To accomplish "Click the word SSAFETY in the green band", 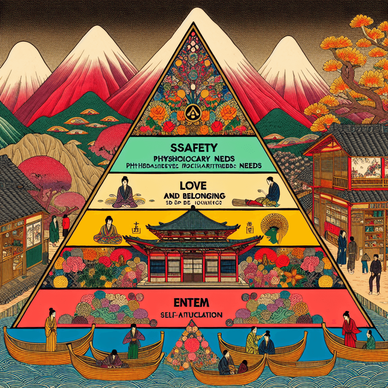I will (193, 147).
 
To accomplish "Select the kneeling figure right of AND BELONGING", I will (270, 192).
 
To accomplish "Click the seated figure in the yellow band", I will (109, 231).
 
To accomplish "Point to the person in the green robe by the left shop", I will (54, 229).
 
